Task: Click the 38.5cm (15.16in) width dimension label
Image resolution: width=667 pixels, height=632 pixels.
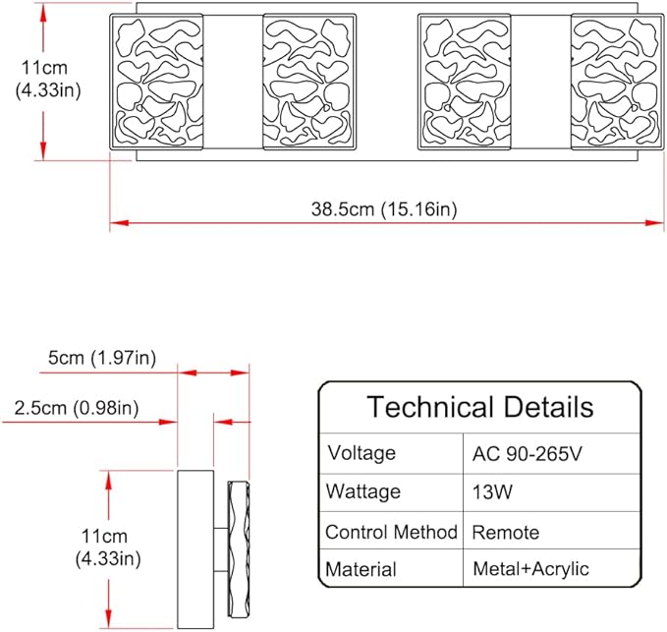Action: click(x=384, y=209)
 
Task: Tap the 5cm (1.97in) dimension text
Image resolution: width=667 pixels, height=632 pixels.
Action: click(x=102, y=358)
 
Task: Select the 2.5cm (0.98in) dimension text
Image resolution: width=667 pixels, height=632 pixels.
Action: click(x=77, y=408)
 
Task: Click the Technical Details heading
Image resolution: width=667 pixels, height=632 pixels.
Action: click(x=480, y=407)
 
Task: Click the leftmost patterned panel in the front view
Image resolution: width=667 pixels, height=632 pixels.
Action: click(x=156, y=82)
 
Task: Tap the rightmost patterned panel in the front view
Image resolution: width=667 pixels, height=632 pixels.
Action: click(x=618, y=82)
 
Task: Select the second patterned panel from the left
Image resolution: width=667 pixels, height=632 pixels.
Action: click(x=309, y=82)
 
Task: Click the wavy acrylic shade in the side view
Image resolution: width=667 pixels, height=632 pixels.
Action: click(x=239, y=549)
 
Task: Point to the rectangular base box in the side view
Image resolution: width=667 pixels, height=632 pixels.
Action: click(x=195, y=549)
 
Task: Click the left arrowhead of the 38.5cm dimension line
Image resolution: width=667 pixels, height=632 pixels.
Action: click(x=119, y=222)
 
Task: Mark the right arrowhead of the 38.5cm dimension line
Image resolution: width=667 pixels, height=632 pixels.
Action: click(x=654, y=222)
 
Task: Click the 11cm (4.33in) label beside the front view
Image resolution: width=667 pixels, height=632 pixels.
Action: click(x=48, y=80)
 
